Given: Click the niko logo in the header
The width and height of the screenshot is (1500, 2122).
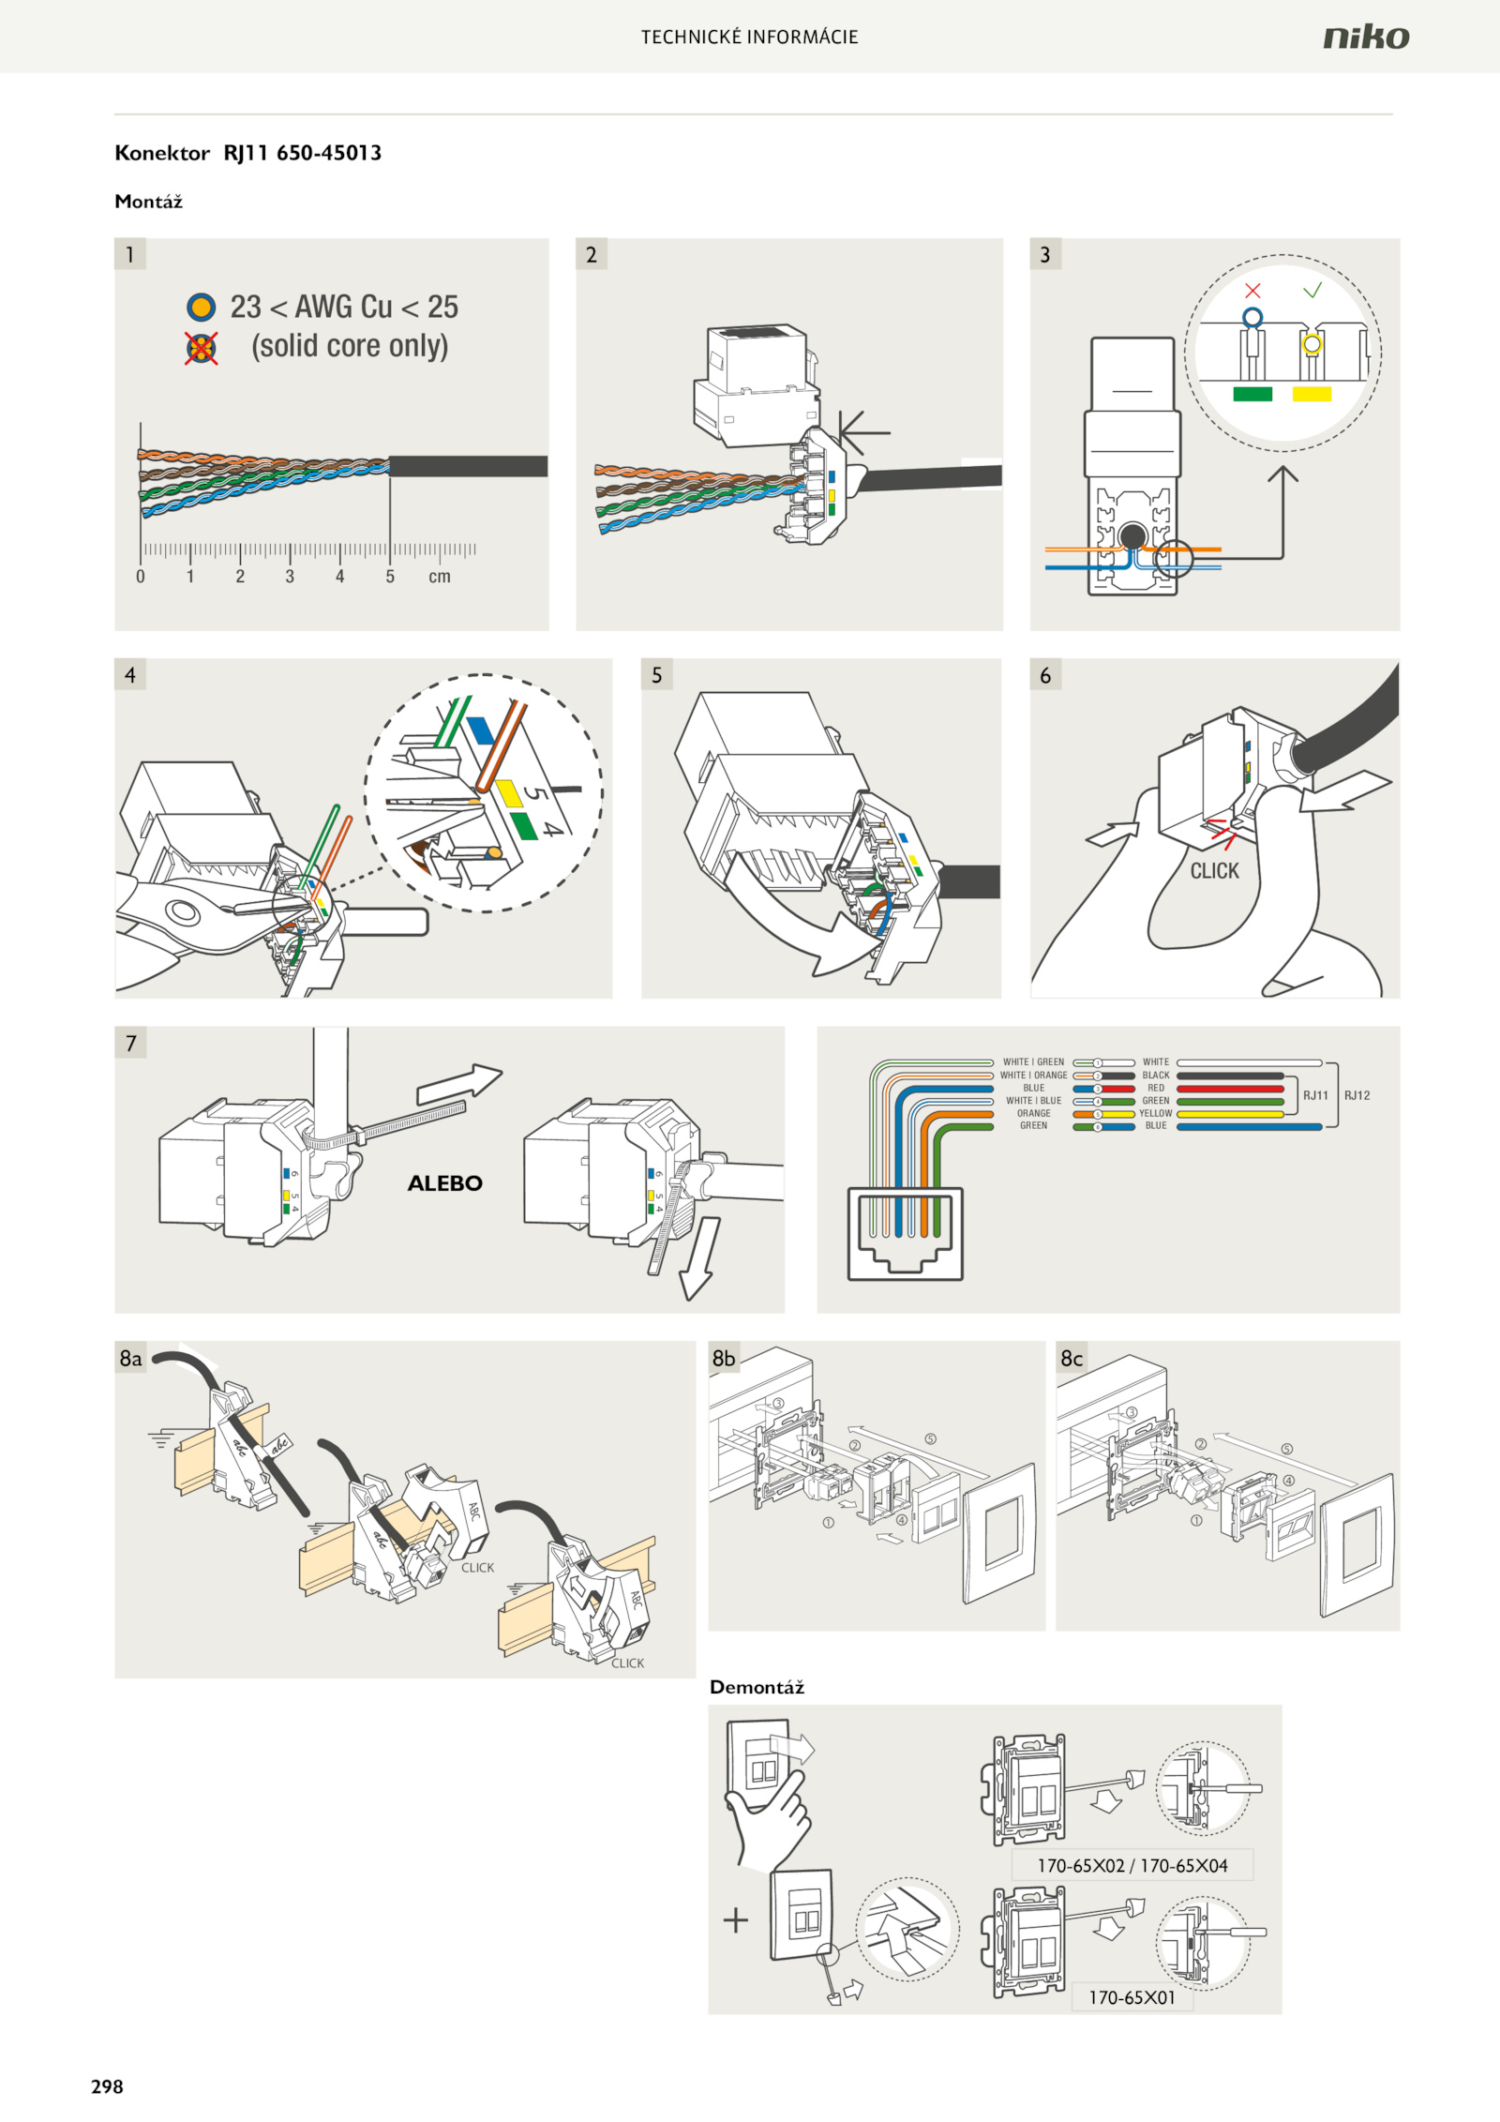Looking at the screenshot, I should pos(1365,38).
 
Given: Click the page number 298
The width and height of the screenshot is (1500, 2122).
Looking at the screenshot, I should pos(107,2085).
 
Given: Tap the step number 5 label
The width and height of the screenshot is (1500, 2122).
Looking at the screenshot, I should pos(656,675).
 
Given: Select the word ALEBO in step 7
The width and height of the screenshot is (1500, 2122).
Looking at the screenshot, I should pos(444,1183).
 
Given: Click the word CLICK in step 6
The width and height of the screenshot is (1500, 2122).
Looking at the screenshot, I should pos(1214,871).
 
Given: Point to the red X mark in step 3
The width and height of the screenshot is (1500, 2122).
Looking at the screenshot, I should pos(1252,291).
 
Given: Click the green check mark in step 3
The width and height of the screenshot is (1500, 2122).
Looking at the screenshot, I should pos(1312,290).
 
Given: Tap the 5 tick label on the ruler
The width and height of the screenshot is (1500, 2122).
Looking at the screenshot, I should pos(390,577).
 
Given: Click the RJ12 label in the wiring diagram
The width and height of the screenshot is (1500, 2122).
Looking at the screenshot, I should pos(1357,1095).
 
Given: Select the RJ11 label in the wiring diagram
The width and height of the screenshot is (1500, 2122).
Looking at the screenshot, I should pos(1315,1095).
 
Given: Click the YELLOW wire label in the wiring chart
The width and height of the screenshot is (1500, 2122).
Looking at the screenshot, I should pos(1155,1113).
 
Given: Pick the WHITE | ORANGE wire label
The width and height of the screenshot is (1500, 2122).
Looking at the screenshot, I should pos(1033,1076).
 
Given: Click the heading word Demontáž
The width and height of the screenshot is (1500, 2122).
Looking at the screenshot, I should pos(757,1688).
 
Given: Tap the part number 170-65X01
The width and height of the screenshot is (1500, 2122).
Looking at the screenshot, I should pos(1132,1997).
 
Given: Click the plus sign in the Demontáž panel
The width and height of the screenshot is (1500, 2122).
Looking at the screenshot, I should pos(736,1920).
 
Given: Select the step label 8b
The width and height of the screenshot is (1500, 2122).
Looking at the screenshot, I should pos(724,1359).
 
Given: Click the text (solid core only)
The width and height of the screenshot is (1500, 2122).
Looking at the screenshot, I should pos(350,346).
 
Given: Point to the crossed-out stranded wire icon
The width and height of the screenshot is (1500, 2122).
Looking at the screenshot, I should pos(201,348).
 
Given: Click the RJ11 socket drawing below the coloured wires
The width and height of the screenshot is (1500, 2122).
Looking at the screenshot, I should pos(905,1233).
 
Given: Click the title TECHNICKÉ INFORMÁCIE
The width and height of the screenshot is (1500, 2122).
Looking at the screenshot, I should pos(749,38).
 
